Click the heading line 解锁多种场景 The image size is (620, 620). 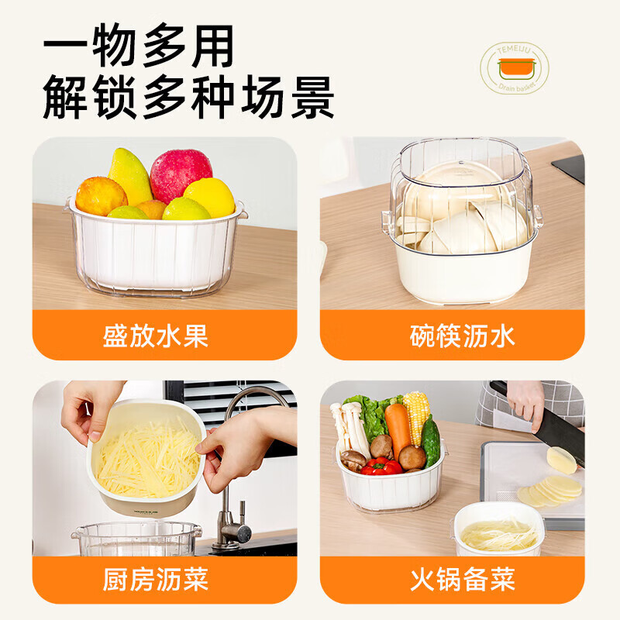pos(188,99)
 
